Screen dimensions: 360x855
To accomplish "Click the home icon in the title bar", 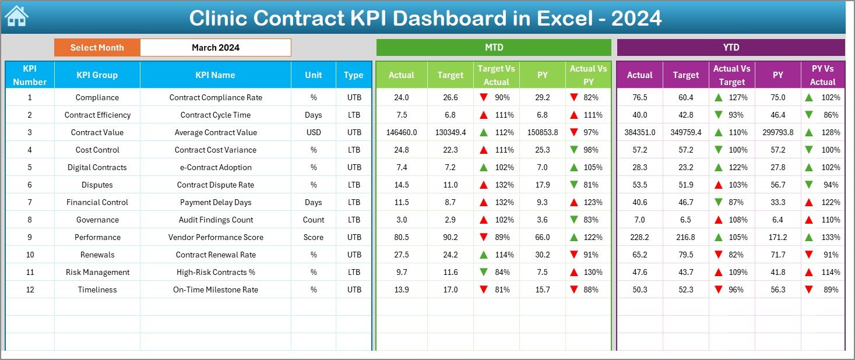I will tap(16, 17).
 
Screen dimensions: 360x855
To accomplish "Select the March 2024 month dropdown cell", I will tap(215, 48).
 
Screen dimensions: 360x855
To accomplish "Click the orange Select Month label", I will tap(97, 48).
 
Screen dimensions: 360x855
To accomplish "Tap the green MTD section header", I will tap(494, 48).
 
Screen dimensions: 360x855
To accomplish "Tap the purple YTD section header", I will tap(730, 48).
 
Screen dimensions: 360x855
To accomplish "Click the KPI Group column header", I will tap(97, 75).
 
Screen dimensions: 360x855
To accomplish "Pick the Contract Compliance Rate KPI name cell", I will tap(216, 97).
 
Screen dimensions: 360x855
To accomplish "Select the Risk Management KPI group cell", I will tap(97, 272).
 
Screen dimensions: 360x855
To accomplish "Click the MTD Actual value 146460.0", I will tap(402, 132).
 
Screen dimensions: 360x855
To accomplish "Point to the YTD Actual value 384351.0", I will tap(639, 132).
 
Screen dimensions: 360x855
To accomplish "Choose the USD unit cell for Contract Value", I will tap(314, 132).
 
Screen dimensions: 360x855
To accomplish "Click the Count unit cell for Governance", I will tap(314, 220).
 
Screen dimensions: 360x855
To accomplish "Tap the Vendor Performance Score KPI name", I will tap(216, 237).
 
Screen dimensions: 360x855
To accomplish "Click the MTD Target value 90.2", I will tap(450, 237).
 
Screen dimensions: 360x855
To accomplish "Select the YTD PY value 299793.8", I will tap(777, 132).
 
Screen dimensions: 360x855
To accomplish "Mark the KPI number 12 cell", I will tap(30, 290).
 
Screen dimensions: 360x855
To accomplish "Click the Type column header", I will tap(353, 75).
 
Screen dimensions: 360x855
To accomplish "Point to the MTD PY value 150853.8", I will tap(542, 132).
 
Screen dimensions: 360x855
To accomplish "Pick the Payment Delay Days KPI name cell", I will tap(216, 202).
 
